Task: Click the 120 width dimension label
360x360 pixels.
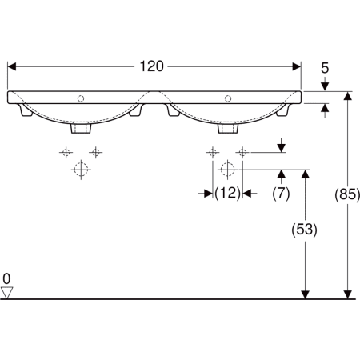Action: tap(151, 66)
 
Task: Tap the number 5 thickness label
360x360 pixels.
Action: tap(325, 68)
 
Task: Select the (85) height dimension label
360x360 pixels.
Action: tap(347, 194)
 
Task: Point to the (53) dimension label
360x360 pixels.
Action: tap(304, 229)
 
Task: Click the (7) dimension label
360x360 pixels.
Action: tap(281, 193)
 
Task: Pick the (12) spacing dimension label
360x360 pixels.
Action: tap(227, 193)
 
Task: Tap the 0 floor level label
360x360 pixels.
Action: tap(6, 279)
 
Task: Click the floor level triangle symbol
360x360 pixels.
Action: tap(6, 293)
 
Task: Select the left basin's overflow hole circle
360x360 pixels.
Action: tap(81, 98)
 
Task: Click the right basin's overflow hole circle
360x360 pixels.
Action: tap(228, 98)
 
